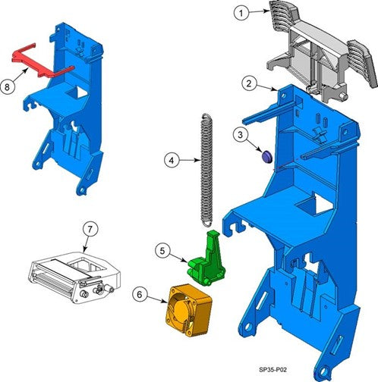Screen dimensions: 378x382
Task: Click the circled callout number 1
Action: point(241,13)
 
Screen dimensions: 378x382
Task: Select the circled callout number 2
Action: point(249,83)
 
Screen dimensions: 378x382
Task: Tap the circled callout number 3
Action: point(240,135)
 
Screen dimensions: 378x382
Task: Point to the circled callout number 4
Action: point(172,160)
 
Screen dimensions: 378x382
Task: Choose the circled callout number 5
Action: point(162,251)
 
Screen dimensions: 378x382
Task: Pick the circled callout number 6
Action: point(140,295)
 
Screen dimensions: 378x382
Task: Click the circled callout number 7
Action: point(90,230)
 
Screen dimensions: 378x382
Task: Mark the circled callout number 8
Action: point(7,87)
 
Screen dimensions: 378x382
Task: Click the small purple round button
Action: point(266,156)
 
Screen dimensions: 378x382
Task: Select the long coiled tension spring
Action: point(206,170)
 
